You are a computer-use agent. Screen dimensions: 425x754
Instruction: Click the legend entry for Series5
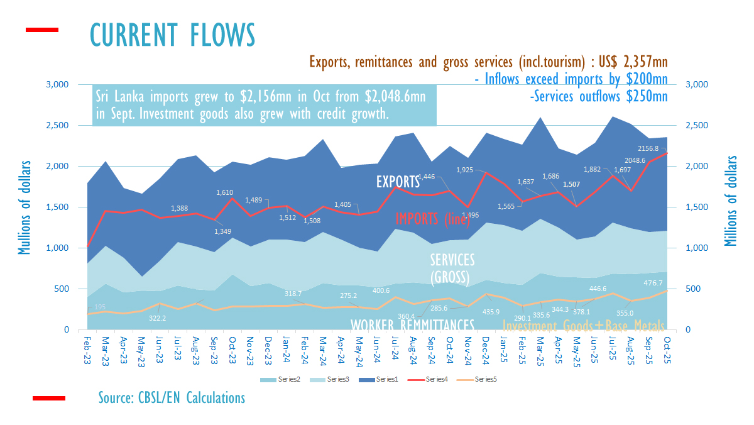click(x=487, y=379)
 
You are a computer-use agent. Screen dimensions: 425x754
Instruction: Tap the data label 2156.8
click(x=662, y=149)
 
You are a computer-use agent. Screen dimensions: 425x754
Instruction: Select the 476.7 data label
click(x=652, y=283)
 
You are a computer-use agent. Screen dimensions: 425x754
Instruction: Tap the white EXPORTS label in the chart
click(x=398, y=182)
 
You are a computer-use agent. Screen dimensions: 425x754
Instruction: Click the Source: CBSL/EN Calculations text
click(x=172, y=397)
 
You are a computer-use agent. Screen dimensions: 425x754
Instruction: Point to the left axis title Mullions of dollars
click(x=25, y=207)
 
